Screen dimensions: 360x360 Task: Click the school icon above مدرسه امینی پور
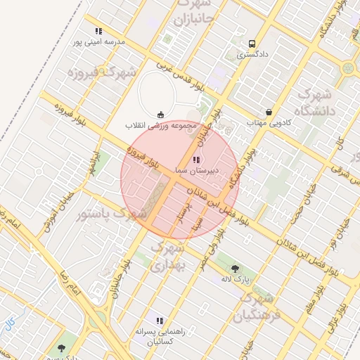click(98, 31)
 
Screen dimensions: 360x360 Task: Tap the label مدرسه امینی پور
click(98, 42)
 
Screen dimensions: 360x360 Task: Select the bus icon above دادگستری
click(252, 41)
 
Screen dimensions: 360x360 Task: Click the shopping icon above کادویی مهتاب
click(269, 112)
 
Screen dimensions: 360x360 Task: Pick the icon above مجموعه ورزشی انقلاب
click(161, 115)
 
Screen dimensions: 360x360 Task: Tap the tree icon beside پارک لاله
click(235, 268)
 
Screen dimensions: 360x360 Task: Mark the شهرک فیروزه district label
click(103, 73)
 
